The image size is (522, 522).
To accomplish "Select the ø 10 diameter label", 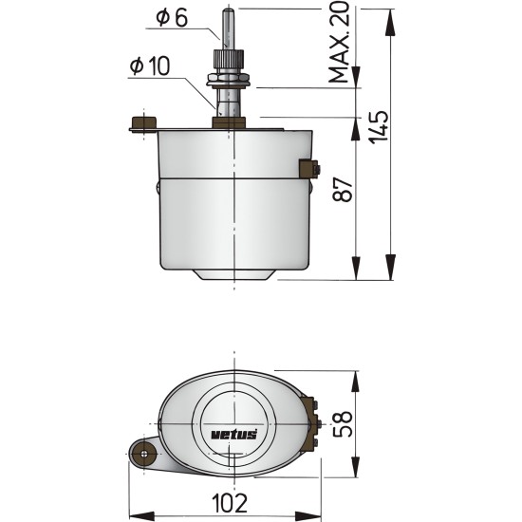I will coord(150,66).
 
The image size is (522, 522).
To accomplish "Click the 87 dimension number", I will coord(343,190).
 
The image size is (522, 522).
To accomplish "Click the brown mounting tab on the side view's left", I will coord(143,123).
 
